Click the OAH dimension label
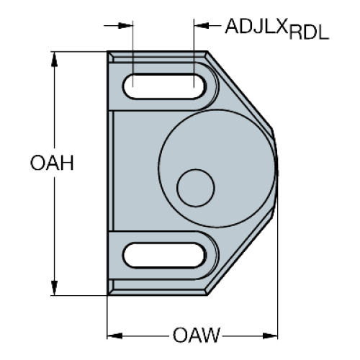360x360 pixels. click(x=52, y=163)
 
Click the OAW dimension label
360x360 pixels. click(x=196, y=336)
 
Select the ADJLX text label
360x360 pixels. click(x=256, y=26)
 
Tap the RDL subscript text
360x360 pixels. click(x=309, y=32)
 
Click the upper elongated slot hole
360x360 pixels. click(x=164, y=86)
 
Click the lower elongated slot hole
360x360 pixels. click(x=164, y=256)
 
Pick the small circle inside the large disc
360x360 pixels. click(x=196, y=188)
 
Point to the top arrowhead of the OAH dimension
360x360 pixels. click(x=55, y=59)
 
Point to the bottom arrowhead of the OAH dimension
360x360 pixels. click(x=55, y=288)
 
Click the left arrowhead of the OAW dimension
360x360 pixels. click(x=114, y=336)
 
